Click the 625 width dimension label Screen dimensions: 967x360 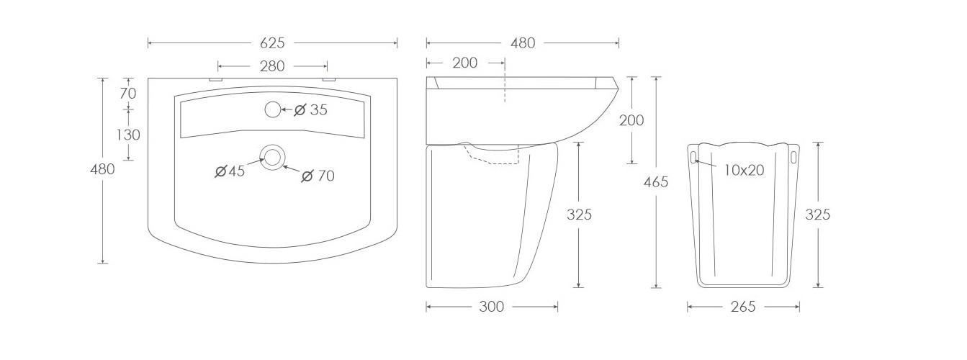272,42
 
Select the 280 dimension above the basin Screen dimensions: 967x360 272,66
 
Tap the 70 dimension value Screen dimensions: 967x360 128,93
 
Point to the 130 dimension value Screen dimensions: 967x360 128,135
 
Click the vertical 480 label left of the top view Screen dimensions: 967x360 102,168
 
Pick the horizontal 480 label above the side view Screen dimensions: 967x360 523,42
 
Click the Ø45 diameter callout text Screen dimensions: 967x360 230,171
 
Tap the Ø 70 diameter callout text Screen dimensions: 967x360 318,176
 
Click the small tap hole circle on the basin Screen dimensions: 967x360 272,109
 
